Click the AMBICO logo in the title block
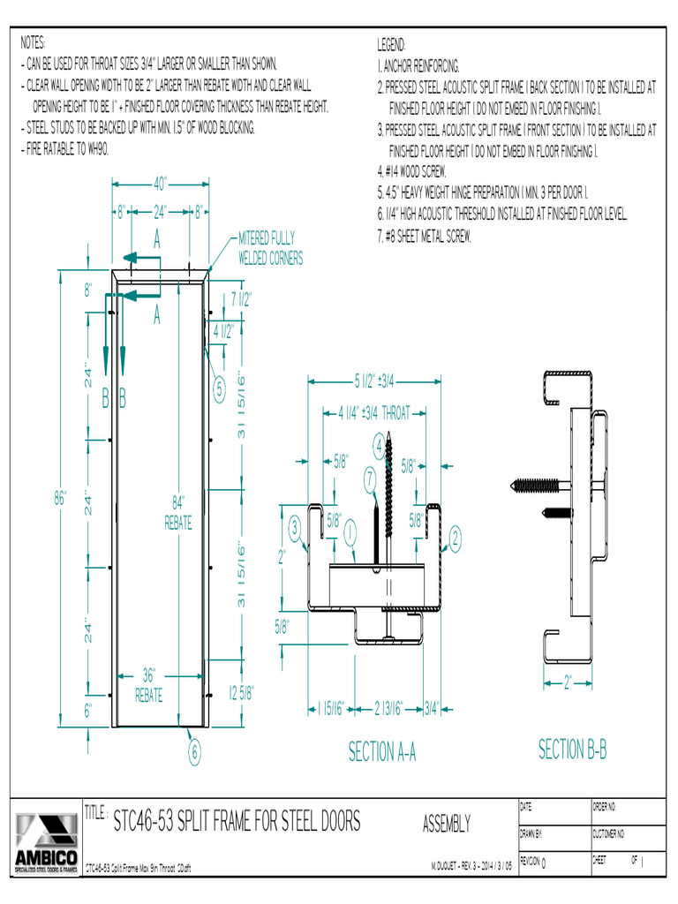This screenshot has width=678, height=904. click(x=44, y=843)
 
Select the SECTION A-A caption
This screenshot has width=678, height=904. click(x=381, y=752)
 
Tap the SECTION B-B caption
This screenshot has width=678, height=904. click(x=572, y=750)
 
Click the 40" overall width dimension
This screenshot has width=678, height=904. click(x=160, y=185)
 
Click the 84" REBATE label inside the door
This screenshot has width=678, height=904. click(x=178, y=513)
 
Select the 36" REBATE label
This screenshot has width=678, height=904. click(x=148, y=687)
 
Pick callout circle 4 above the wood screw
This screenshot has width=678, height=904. click(x=379, y=445)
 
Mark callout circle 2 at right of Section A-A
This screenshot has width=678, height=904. click(x=456, y=537)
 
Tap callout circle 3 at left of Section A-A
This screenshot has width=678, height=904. click(x=295, y=529)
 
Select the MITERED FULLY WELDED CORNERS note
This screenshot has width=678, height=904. click(x=270, y=248)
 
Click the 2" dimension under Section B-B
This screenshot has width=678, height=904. click(x=567, y=682)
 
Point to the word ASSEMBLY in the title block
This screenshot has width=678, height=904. click(x=446, y=824)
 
